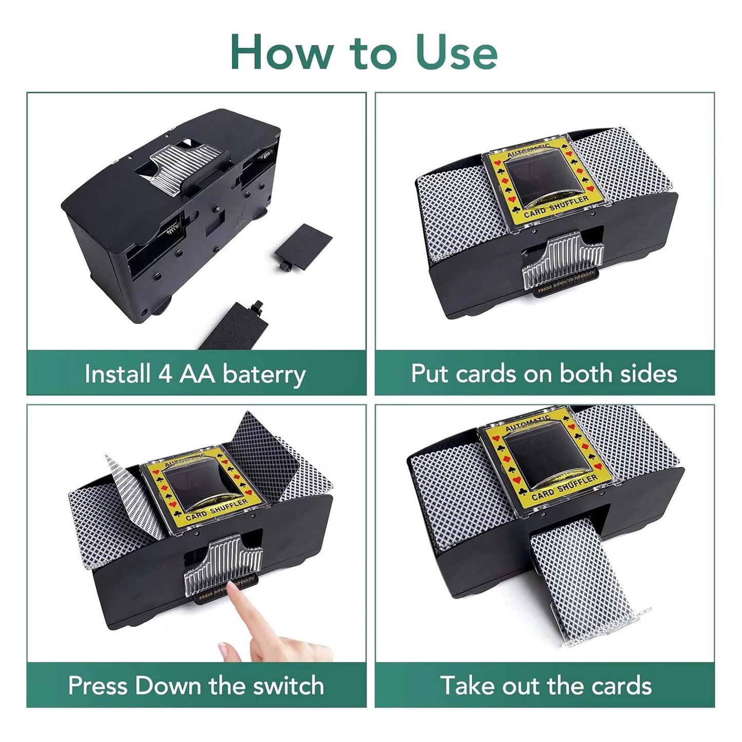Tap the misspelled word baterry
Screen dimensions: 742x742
[264, 374]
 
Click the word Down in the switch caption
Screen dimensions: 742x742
[168, 686]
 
